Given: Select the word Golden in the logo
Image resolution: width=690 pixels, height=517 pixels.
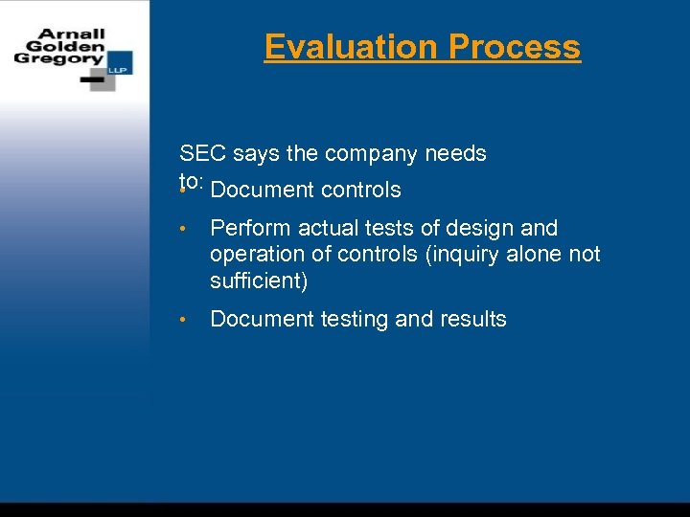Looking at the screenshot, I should coord(66,45).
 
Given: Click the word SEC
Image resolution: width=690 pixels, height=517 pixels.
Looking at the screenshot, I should coord(200,153).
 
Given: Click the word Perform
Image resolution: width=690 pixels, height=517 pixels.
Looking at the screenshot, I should coord(248,228).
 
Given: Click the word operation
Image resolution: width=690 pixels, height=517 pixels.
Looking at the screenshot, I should coord(255,255).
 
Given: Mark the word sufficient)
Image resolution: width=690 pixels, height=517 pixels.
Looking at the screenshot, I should coord(260,281).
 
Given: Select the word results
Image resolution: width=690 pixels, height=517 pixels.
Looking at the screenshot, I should coord(472,319).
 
